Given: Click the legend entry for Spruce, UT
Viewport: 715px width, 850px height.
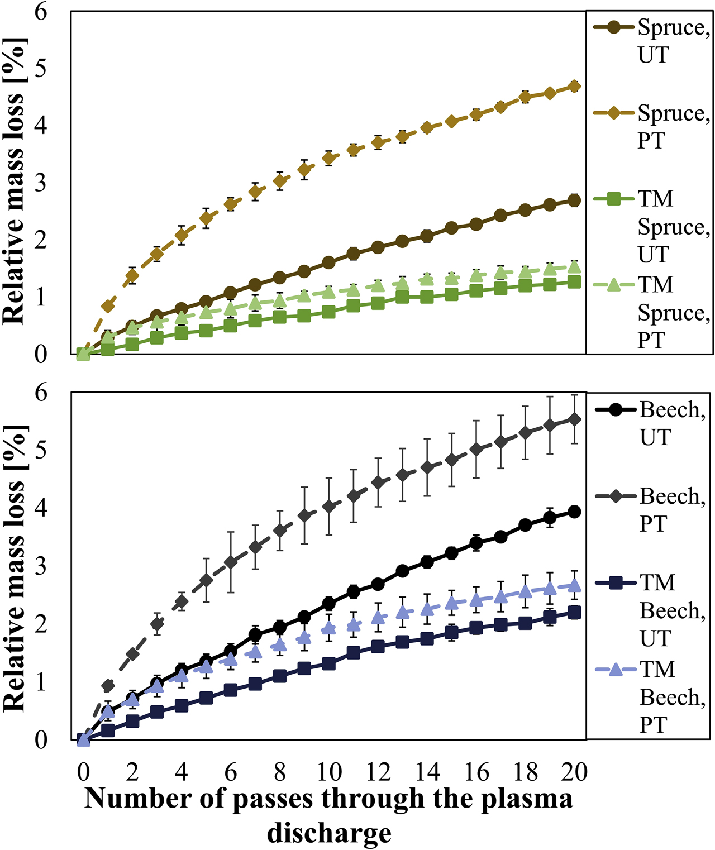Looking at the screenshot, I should pos(651,41).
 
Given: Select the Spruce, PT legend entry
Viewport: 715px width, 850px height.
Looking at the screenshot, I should pos(651,126).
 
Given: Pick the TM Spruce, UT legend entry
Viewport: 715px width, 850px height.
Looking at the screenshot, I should pos(651,226).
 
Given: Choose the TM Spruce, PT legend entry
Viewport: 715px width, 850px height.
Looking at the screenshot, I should pos(651,312).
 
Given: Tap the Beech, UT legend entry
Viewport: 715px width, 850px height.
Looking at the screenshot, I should pos(651,423).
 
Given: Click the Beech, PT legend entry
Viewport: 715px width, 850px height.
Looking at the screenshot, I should pos(651,509).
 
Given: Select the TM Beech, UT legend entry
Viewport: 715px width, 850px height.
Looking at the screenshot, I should pos(651,610).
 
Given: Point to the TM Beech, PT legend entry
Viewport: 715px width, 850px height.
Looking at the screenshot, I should pos(651,696).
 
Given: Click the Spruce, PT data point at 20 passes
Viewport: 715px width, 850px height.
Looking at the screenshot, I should pos(574,86).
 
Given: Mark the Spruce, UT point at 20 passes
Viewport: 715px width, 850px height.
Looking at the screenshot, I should pos(574,200).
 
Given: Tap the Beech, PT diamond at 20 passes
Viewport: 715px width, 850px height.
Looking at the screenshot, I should pos(574,419).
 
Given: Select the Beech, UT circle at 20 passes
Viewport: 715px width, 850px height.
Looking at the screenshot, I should pos(574,512).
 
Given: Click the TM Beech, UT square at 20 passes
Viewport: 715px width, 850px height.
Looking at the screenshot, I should pos(574,613).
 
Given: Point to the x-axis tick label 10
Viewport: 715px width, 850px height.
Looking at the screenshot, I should pos(329,772).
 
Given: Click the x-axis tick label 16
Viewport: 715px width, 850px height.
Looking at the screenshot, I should pos(476,772).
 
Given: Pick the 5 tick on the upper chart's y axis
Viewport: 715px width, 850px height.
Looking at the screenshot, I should pos(41,69).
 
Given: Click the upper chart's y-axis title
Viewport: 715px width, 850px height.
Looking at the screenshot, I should pos(15,182).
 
